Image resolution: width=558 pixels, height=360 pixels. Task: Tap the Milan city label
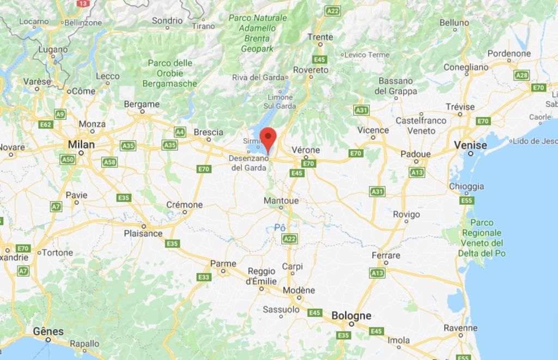click(x=81, y=145)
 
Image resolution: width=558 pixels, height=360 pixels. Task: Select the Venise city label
click(x=470, y=145)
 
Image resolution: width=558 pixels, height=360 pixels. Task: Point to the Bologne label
click(x=351, y=316)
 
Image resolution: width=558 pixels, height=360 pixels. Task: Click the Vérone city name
click(x=306, y=150)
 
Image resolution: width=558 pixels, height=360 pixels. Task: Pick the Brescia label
click(x=208, y=132)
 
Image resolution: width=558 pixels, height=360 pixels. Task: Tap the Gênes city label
click(x=48, y=331)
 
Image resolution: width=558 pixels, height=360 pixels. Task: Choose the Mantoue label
click(x=281, y=201)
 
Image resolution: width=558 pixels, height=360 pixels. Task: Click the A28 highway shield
click(x=521, y=75)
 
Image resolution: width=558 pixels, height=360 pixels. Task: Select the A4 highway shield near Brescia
click(x=180, y=132)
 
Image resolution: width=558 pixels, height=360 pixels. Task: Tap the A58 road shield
click(x=110, y=162)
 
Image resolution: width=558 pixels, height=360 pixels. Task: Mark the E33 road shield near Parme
click(x=204, y=277)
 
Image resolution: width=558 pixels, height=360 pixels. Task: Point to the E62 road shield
click(x=46, y=125)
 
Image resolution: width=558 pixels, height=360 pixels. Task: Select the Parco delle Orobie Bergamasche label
click(x=169, y=74)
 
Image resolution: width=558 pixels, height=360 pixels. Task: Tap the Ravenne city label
click(x=460, y=328)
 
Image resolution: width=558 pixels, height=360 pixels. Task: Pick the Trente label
click(x=320, y=37)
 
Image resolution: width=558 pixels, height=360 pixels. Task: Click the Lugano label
click(x=53, y=49)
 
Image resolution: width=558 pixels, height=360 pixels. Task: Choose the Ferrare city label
click(x=386, y=255)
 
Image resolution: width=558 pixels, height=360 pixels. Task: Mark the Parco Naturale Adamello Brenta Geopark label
click(x=257, y=33)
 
